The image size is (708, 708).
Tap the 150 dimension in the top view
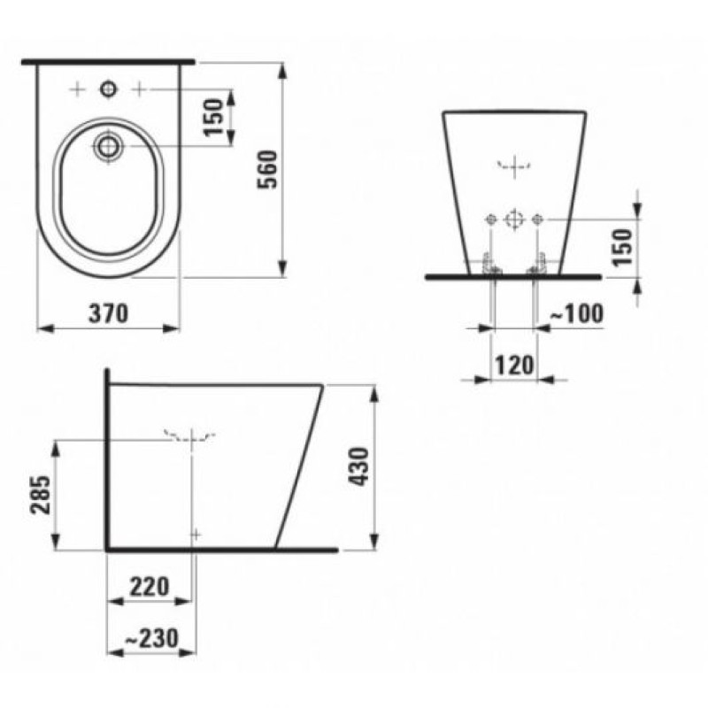216,116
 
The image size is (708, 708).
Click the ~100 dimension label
576,312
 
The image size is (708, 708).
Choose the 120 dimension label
512,365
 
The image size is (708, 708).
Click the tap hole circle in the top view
108,89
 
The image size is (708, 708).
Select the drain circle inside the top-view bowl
108,146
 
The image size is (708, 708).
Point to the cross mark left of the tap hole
78,89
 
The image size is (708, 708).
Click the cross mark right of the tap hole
139,89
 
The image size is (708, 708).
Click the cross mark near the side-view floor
196,534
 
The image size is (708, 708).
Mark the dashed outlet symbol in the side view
189,435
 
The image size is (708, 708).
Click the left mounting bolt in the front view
489,265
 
